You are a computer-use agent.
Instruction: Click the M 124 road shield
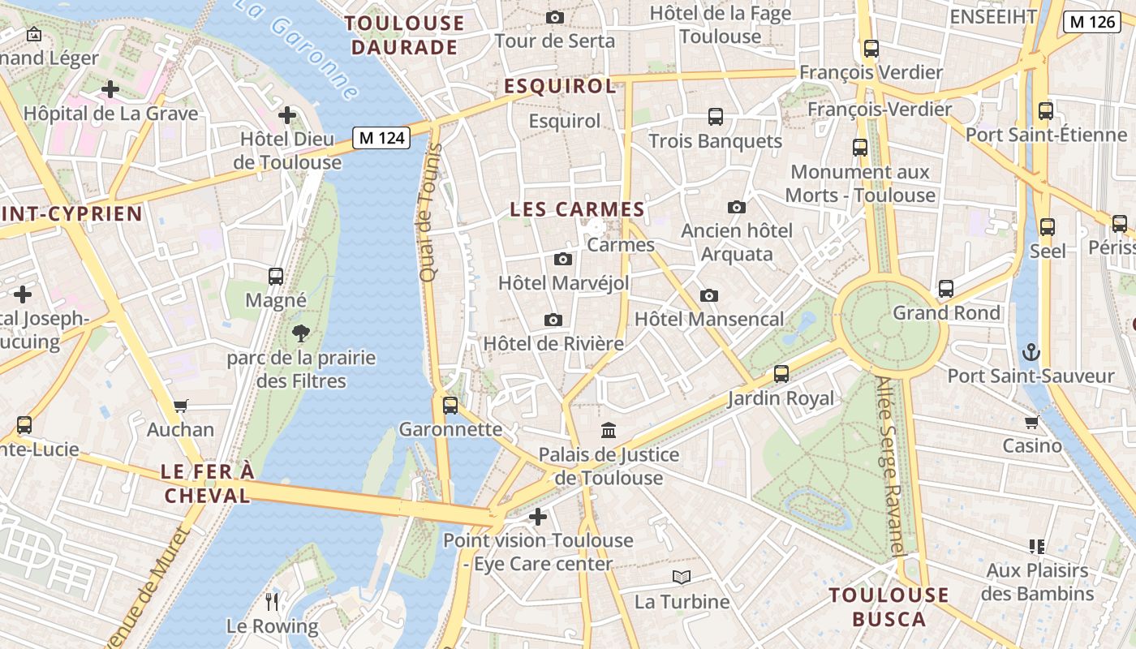(381, 138)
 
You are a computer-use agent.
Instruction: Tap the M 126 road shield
(1092, 22)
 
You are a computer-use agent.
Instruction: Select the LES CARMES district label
(577, 209)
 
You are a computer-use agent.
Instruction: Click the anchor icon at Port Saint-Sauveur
(1031, 352)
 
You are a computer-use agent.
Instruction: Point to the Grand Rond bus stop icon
(946, 289)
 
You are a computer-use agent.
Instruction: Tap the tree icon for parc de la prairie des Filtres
(301, 333)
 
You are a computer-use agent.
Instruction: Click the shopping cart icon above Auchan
(181, 406)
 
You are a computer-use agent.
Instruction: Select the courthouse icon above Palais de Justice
(609, 430)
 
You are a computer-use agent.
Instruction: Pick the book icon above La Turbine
(682, 578)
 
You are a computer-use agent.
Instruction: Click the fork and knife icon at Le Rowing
(273, 601)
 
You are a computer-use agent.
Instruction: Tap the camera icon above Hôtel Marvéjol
(562, 260)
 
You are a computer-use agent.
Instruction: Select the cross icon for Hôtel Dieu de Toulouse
(287, 115)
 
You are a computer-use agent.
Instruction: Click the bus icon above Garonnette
(450, 405)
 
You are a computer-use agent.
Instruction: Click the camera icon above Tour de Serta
(555, 17)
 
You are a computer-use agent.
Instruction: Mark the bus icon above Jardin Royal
(781, 374)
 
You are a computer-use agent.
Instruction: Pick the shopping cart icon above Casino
(1032, 422)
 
